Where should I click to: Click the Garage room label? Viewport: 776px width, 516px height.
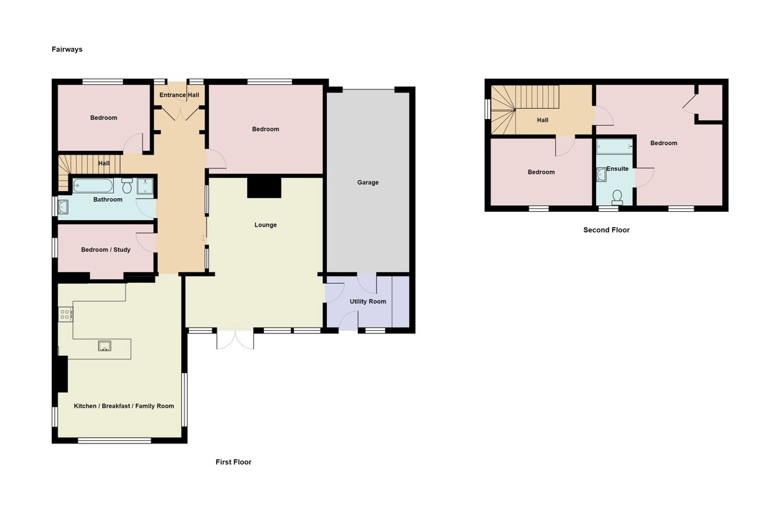(x=368, y=183)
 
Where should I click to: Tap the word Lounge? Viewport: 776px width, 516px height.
(x=265, y=225)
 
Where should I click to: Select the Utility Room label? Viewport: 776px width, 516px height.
(x=368, y=302)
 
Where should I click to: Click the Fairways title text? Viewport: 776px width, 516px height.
(x=67, y=49)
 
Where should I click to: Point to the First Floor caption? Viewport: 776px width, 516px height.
(x=233, y=462)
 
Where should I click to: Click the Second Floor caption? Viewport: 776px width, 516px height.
(x=606, y=230)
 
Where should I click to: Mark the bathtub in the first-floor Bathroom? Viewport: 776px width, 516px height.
(x=94, y=186)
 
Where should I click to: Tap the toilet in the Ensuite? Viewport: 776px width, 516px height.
(x=617, y=196)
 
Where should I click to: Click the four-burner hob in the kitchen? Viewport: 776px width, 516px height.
(x=65, y=315)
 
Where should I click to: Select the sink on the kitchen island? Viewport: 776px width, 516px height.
(x=105, y=346)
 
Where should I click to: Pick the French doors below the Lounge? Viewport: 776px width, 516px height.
(x=234, y=340)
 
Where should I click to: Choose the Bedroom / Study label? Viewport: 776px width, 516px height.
(x=105, y=250)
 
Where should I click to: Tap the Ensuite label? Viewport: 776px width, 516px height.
(x=616, y=169)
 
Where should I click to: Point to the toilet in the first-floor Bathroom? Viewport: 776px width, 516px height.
(x=127, y=186)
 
